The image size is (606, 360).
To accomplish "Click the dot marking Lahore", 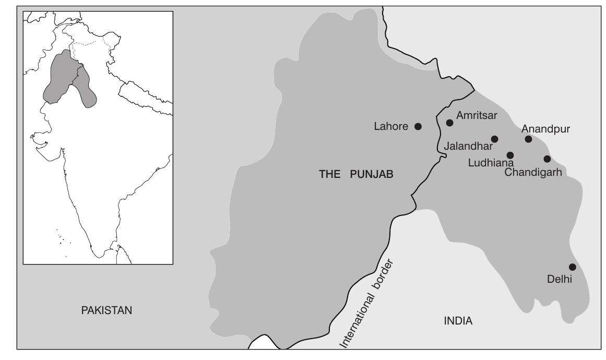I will [418, 126].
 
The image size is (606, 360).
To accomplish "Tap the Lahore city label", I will [391, 126].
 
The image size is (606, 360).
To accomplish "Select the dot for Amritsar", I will [449, 123].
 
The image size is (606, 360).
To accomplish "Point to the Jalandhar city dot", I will [494, 139].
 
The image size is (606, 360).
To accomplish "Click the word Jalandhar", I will [467, 147].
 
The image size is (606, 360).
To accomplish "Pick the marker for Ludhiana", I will [510, 155].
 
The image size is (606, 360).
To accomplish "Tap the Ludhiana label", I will [491, 163].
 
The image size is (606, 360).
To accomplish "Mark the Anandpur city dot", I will [528, 139].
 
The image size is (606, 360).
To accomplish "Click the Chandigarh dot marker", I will [547, 159].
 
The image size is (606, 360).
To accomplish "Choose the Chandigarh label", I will [533, 172].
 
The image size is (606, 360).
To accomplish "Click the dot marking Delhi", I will [572, 267].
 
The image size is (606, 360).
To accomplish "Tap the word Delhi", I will [560, 279].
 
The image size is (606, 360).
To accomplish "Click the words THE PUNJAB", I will [355, 175].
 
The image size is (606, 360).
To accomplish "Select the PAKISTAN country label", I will [107, 310].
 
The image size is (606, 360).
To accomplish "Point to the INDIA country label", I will [458, 321].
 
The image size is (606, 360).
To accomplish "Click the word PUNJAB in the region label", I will [371, 175].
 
